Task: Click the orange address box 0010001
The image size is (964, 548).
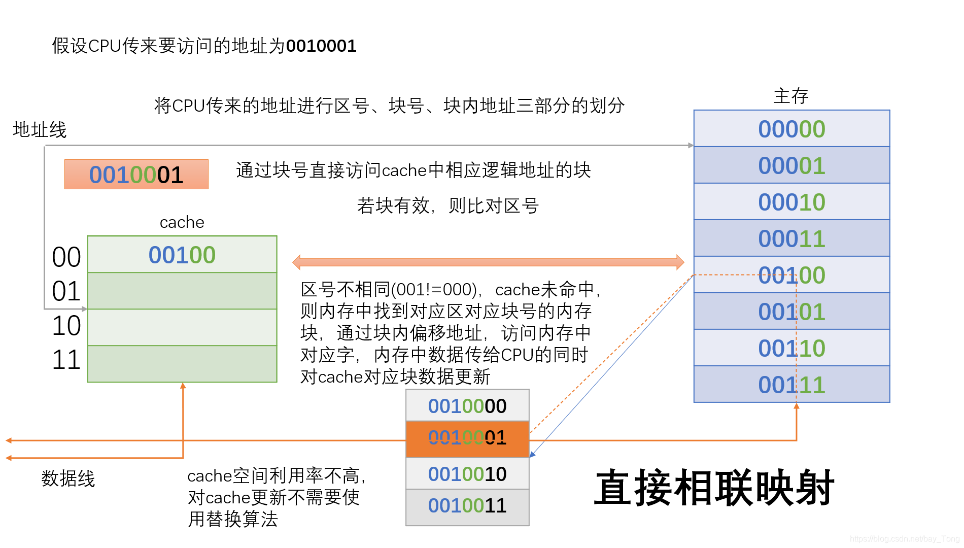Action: pos(136,175)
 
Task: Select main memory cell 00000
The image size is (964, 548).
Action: pos(791,129)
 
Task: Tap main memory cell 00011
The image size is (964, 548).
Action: pos(791,238)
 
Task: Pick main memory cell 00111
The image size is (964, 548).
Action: pos(791,385)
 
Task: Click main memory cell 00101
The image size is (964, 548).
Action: pos(791,312)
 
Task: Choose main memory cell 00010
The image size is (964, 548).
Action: pos(791,202)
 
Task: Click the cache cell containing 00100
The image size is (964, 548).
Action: pos(182,255)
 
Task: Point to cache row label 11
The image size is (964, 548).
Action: pos(66,360)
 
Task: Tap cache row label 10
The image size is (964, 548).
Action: pos(66,326)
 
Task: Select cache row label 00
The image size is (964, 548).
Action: pos(66,257)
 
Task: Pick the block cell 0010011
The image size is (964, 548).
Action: pos(467,506)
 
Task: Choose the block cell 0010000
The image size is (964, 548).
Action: pos(467,406)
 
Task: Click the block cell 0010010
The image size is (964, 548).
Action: pos(467,474)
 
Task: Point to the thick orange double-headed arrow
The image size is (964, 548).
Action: pos(488,262)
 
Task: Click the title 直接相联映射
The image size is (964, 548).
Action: pos(714,488)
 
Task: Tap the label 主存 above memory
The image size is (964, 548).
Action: pos(790,96)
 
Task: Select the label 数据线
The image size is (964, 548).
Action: pos(68,478)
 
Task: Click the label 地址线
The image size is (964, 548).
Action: pos(40,130)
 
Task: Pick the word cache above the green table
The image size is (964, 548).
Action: pos(182,222)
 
